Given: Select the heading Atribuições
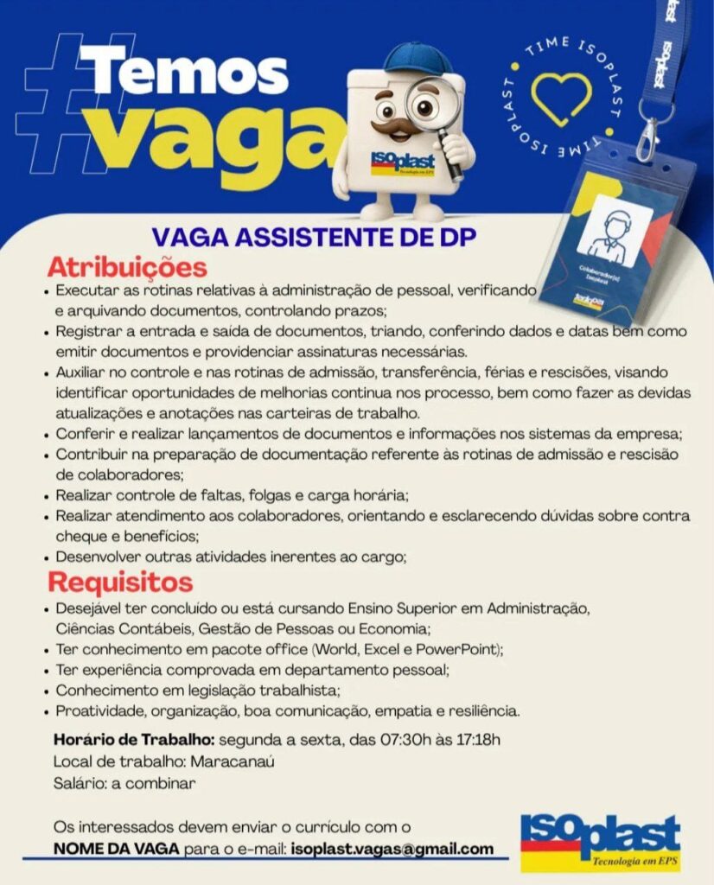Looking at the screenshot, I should pos(126,265).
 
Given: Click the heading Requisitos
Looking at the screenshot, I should pos(119,581).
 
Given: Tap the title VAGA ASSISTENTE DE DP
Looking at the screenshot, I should pos(314,237).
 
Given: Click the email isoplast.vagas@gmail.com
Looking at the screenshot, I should pos(392,849).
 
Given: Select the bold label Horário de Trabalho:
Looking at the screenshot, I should pos(134,740).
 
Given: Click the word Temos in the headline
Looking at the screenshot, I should pos(184,71).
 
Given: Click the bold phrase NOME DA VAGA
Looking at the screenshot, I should pos(117,849).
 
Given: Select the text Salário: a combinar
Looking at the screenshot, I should pos(124,784).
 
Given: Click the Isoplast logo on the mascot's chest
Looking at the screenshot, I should pos(402,162).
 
